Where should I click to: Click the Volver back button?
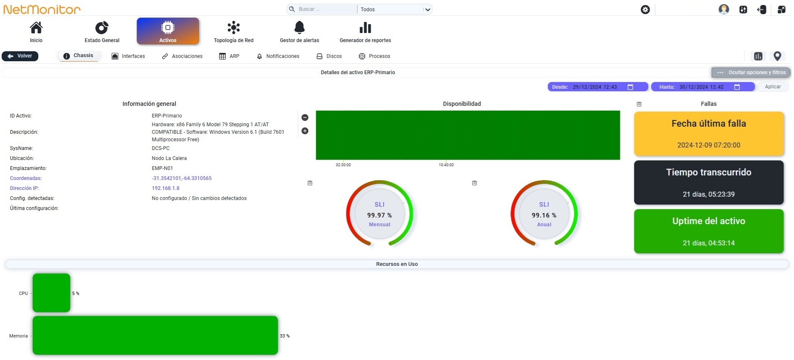(20, 56)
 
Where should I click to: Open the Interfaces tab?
(128, 56)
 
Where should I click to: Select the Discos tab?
(329, 56)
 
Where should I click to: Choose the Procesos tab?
(375, 56)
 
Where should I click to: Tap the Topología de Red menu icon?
(234, 27)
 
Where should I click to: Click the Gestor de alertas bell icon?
(300, 27)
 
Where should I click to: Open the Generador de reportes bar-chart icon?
(365, 27)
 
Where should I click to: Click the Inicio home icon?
(36, 27)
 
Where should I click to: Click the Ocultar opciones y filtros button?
(751, 72)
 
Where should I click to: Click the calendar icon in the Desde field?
(630, 87)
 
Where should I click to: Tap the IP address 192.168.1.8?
(165, 188)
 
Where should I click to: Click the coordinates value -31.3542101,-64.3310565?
(182, 178)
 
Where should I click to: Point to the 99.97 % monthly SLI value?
(380, 215)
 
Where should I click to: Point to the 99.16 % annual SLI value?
(544, 215)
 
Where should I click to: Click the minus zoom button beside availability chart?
(305, 117)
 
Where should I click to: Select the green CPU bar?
(51, 293)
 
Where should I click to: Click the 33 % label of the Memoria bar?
(285, 336)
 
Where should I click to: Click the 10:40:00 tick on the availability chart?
(446, 165)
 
